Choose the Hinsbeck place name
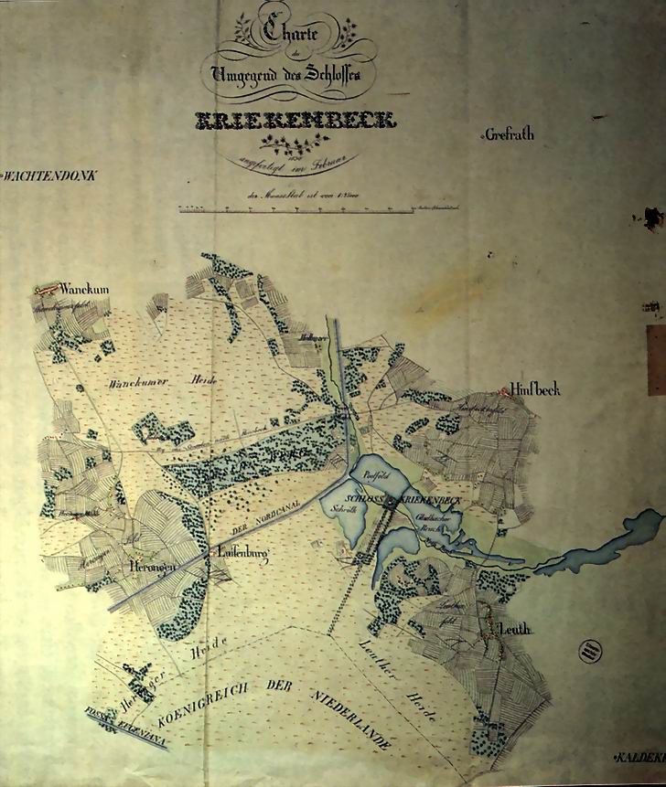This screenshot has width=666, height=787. pos(535,390)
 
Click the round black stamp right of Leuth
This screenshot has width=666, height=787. pos(591,650)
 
